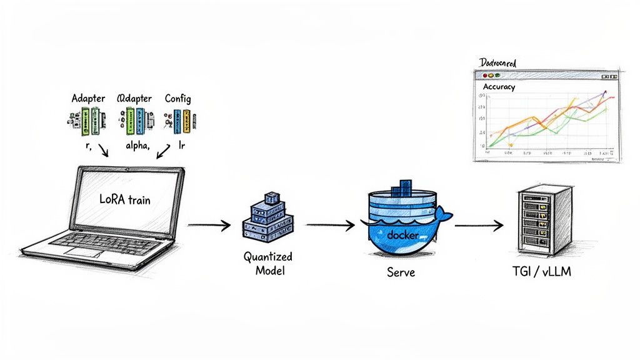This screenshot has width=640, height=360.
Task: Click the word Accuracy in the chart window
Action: click(499, 87)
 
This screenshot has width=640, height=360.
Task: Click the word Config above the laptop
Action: click(178, 99)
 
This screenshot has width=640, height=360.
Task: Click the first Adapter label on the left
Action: click(88, 99)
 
